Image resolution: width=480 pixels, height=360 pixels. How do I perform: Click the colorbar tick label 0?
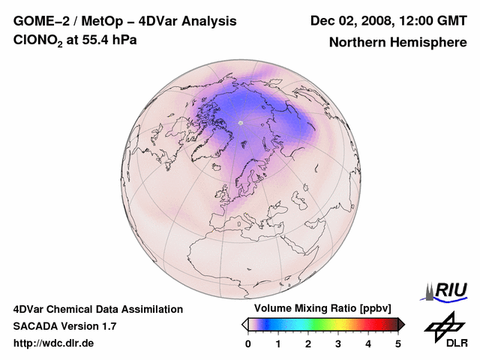click(x=248, y=343)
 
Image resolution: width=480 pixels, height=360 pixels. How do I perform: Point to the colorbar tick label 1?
click(x=278, y=343)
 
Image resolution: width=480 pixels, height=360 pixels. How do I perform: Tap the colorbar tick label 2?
click(x=308, y=343)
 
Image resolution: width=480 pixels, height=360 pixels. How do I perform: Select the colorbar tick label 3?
click(x=338, y=343)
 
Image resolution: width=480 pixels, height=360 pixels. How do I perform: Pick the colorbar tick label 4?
click(x=368, y=343)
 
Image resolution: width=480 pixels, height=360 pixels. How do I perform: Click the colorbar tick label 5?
click(x=398, y=343)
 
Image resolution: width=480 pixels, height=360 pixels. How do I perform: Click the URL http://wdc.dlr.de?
click(x=54, y=343)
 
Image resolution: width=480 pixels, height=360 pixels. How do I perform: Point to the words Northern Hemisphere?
click(x=397, y=43)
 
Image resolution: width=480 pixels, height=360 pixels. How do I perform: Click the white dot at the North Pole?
click(x=241, y=122)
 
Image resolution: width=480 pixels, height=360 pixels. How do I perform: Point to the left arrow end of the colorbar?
click(x=244, y=324)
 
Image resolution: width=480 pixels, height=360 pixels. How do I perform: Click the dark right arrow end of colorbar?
click(x=401, y=324)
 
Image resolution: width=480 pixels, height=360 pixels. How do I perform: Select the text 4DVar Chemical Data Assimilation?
click(x=97, y=309)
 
